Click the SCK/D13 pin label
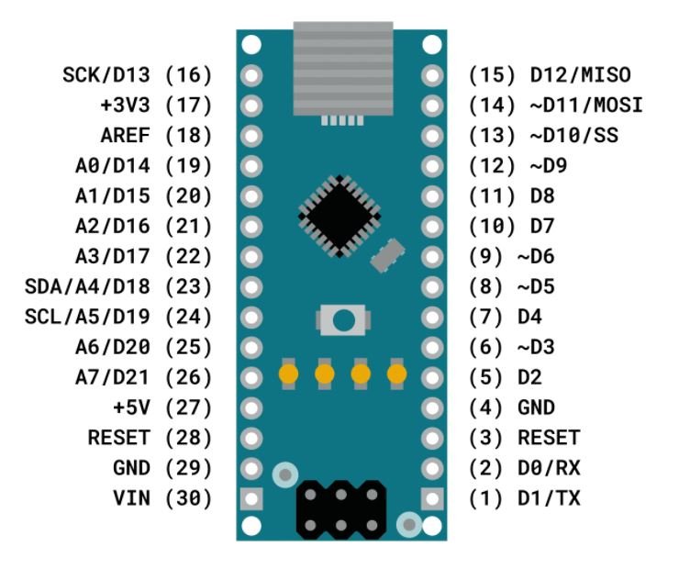click(110, 75)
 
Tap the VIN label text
click(134, 498)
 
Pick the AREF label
click(128, 136)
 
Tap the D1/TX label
click(549, 498)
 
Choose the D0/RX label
click(549, 468)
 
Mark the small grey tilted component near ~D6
click(388, 253)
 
